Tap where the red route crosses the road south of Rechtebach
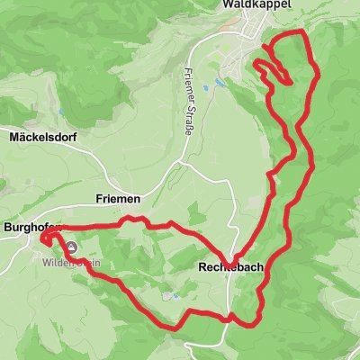coord(233,317)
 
